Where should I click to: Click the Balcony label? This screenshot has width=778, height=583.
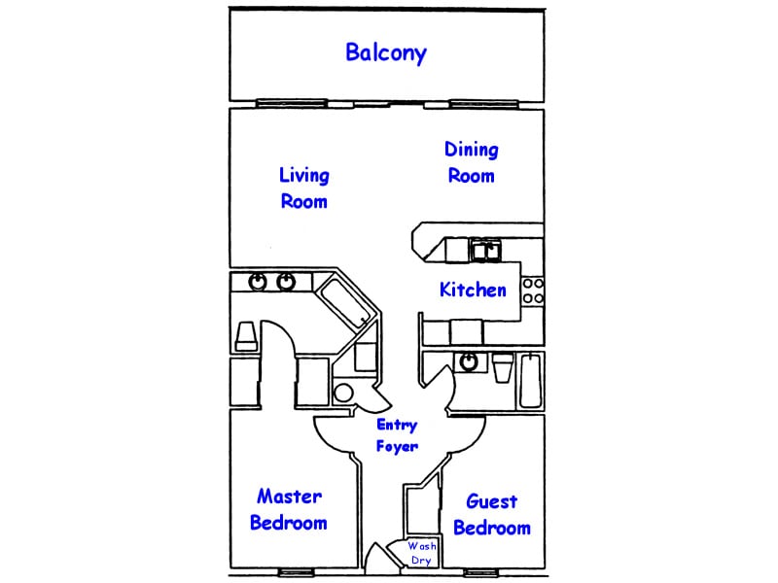click(386, 52)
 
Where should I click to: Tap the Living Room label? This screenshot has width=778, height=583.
click(304, 188)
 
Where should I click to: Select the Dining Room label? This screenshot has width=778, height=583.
click(472, 162)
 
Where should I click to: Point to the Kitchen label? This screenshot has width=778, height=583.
click(473, 290)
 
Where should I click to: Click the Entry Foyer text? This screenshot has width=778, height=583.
click(397, 435)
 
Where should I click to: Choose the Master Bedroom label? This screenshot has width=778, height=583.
click(289, 509)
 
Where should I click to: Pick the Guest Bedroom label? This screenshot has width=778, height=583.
click(492, 515)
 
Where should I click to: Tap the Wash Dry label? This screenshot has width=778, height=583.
click(421, 553)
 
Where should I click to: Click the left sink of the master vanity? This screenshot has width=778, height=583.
click(258, 282)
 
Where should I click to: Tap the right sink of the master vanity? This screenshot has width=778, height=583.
click(286, 282)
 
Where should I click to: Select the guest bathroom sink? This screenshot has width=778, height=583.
click(469, 362)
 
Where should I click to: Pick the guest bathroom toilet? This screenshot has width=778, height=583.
click(502, 368)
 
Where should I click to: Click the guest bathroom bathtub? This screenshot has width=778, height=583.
click(531, 380)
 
